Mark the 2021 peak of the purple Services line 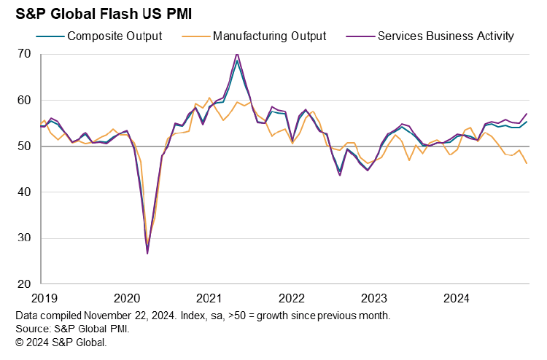pyautogui.click(x=237, y=53)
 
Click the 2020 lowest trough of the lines pyautogui.click(x=147, y=253)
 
